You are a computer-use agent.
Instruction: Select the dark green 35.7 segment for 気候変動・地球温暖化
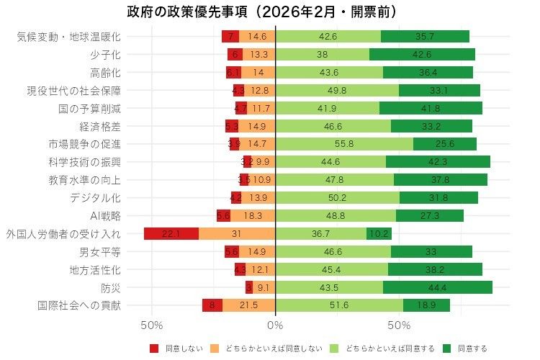[425, 37]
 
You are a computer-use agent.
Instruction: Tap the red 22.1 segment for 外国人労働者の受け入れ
[171, 234]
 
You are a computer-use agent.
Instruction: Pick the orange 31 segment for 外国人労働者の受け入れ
[237, 234]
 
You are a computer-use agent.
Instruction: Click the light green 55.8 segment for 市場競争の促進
[344, 144]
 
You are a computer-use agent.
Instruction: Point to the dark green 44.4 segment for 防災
[438, 288]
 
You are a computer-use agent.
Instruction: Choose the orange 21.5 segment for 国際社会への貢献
[248, 305]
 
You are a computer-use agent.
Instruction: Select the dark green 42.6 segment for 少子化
[422, 55]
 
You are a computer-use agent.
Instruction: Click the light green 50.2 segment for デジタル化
[337, 198]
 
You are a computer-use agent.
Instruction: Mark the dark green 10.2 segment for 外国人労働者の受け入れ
[378, 234]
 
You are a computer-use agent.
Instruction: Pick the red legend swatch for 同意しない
[153, 348]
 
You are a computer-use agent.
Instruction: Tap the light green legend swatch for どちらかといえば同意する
[335, 348]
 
